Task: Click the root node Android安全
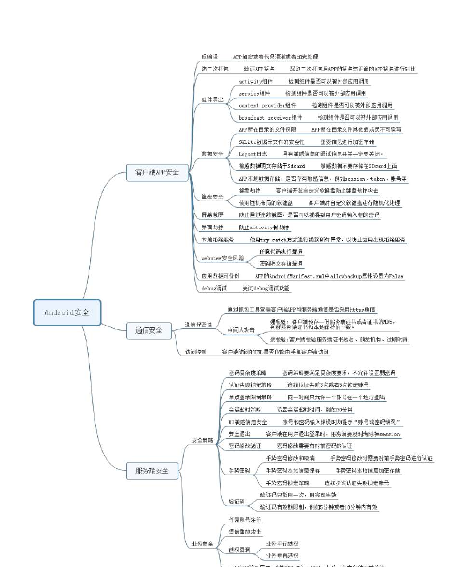[67, 312]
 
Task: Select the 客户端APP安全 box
[157, 172]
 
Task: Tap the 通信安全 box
[149, 330]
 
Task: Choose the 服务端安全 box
[152, 470]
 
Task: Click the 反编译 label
[209, 57]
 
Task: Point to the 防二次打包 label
[215, 69]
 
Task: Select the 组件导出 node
[213, 99]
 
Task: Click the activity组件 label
[256, 81]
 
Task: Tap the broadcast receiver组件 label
[271, 117]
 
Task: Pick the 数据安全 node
[213, 154]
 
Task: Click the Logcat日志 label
[253, 154]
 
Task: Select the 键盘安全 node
[213, 197]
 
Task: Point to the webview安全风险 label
[222, 258]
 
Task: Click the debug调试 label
[214, 288]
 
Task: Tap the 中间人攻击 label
[241, 330]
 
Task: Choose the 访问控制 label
[196, 352]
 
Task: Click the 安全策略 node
[202, 440]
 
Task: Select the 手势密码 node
[240, 470]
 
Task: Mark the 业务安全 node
[202, 544]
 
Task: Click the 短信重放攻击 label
[245, 531]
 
